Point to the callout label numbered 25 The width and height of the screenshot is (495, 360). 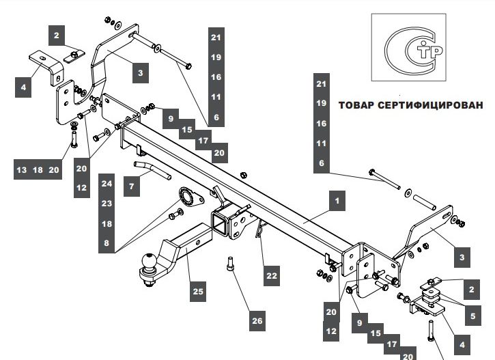coord(197,292)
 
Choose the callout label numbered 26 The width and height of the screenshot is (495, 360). coord(257,321)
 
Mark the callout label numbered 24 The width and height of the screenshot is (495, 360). coord(106,183)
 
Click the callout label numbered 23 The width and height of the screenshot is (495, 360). coord(106,203)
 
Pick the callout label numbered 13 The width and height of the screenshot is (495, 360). coord(21,169)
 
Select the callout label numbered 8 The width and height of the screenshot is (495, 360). coord(106,243)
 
